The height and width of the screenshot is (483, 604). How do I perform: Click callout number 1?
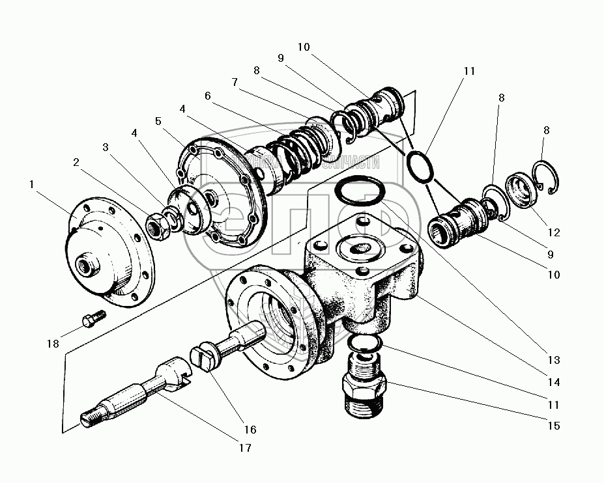32,184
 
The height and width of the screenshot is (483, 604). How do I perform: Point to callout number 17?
246,448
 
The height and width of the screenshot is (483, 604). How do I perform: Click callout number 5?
158,120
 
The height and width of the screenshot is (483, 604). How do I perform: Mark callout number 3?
106,148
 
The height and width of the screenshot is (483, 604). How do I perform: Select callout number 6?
208,95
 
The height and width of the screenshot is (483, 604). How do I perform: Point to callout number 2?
77,162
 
